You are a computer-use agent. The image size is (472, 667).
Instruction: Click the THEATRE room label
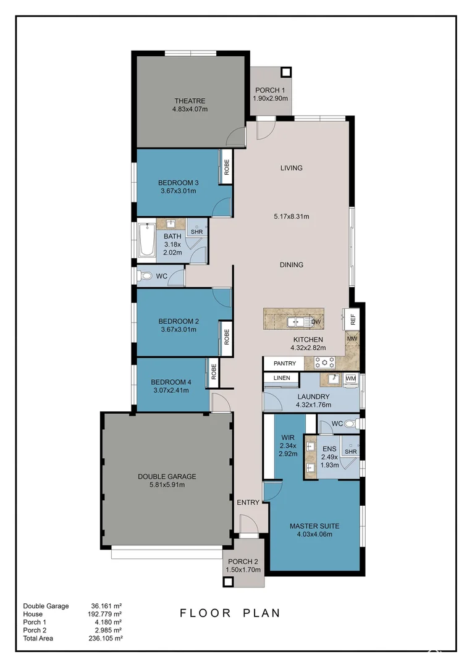190,101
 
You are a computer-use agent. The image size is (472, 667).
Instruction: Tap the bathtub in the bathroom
147,240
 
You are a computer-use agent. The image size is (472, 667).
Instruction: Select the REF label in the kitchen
353,319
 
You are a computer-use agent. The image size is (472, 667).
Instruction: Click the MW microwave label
352,338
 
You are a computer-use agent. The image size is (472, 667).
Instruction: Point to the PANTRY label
284,363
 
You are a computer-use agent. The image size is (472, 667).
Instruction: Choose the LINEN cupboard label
282,378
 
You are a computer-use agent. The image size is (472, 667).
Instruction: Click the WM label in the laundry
351,378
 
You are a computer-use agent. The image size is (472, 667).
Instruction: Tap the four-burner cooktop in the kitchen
325,363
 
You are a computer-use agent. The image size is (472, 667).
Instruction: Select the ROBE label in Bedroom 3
226,167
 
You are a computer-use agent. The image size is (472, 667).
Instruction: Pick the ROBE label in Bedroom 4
214,371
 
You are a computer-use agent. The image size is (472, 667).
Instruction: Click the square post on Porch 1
286,72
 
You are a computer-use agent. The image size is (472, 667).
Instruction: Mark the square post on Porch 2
228,582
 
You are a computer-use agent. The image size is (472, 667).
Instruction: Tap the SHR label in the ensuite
351,451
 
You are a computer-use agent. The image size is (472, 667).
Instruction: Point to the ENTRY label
248,502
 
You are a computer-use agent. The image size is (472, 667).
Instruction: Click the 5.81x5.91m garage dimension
167,485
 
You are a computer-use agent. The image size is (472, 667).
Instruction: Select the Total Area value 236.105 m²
106,638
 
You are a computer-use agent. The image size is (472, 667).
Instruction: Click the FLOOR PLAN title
230,613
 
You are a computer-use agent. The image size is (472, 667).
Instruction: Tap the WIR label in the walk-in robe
288,437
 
